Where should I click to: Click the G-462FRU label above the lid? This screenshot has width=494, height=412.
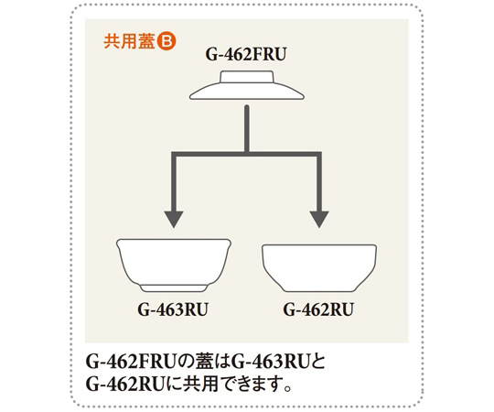[246, 54]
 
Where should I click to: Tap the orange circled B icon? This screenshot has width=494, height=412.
[166, 41]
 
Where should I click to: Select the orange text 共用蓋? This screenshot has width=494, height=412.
[130, 41]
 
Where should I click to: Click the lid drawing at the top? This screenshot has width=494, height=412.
[247, 85]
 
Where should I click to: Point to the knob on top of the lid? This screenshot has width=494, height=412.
[247, 77]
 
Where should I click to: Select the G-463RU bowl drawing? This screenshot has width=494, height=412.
[174, 266]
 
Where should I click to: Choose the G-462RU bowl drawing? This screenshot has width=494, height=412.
[319, 268]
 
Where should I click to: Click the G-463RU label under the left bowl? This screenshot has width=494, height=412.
[173, 309]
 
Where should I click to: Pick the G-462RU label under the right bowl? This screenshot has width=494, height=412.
[318, 309]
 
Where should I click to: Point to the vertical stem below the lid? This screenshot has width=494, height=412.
[247, 128]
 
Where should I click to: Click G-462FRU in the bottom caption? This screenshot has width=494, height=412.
[130, 362]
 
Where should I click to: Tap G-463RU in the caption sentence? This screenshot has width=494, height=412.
[270, 362]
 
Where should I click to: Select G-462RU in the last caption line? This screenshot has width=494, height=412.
[124, 384]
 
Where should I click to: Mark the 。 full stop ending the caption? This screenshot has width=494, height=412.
[286, 388]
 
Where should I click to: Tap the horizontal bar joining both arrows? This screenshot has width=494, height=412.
[246, 154]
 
